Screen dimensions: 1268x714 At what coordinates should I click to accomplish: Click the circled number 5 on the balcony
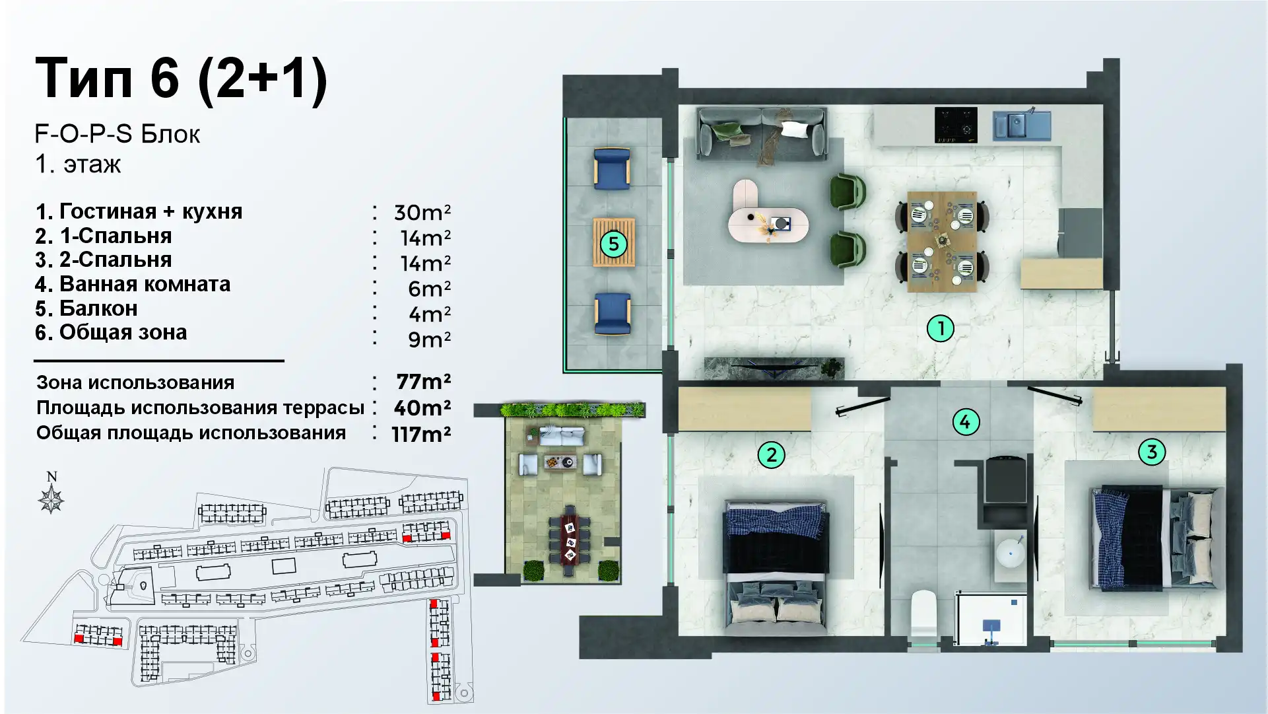(613, 244)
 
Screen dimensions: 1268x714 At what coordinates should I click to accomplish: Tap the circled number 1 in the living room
(941, 328)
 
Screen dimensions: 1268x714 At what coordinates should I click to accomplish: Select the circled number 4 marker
(965, 422)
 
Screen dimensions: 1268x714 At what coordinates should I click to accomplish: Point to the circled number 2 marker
(771, 454)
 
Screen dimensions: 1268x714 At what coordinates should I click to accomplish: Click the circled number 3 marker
(1152, 452)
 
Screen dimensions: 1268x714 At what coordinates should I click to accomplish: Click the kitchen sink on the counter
(1022, 125)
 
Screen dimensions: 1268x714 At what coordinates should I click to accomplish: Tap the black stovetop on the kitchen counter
(955, 124)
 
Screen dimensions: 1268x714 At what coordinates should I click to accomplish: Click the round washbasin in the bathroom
(1011, 553)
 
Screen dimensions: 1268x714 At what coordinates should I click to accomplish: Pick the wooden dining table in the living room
(942, 242)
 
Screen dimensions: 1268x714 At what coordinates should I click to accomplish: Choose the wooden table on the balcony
(614, 242)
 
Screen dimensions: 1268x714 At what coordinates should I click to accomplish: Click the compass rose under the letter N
(51, 499)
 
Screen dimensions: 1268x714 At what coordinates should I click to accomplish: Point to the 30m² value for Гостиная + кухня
(422, 213)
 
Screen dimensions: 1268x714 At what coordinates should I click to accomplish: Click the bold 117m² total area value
(421, 434)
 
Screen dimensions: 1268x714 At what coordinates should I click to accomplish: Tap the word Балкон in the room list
(98, 308)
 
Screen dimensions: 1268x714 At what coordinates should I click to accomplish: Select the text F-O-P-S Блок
(117, 134)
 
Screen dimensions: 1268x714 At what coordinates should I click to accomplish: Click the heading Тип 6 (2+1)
(181, 78)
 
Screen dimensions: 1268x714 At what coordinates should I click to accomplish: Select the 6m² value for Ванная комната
(429, 289)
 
